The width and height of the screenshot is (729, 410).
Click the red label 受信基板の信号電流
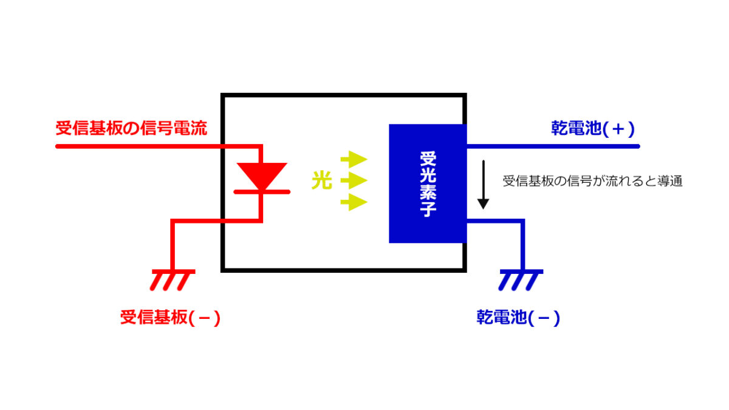tap(131, 129)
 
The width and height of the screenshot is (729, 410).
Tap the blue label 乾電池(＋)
tap(592, 129)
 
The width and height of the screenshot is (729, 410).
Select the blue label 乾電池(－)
tap(518, 318)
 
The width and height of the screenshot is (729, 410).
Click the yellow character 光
tap(322, 180)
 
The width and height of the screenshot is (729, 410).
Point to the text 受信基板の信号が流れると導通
tap(593, 182)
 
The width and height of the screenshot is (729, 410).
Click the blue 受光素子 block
tap(428, 183)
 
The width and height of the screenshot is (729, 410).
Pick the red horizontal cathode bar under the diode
tap(261, 192)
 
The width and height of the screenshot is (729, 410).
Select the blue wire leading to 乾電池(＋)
tap(553, 146)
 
